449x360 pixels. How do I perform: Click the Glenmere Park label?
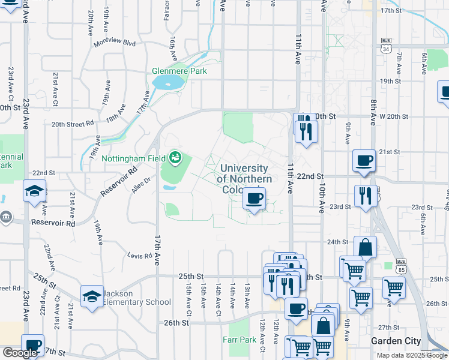[x=179, y=71]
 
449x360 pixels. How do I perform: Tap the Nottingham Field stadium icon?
[x=175, y=158]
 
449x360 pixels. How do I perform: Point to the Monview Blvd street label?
[x=115, y=43]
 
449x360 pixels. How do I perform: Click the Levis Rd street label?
[x=140, y=256]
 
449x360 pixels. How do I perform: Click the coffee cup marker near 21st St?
[x=364, y=161]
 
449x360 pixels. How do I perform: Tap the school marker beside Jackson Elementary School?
[x=92, y=296]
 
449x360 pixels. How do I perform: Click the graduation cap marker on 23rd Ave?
[x=34, y=191]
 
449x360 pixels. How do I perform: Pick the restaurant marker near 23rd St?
[x=366, y=196]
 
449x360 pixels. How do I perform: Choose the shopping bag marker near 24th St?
[x=365, y=247]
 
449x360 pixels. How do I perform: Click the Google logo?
[x=20, y=353]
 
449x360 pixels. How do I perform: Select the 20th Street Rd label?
[x=73, y=124]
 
